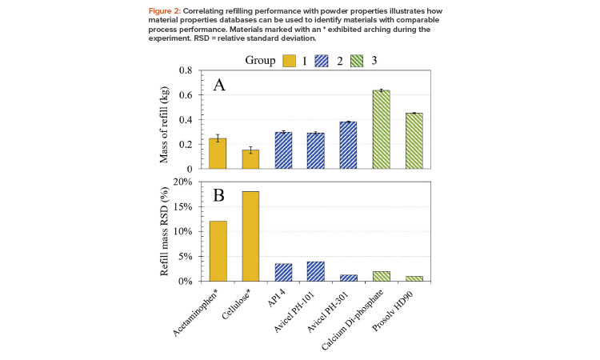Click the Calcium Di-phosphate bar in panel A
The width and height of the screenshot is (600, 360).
[381, 130]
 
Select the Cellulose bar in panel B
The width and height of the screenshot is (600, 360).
[250, 237]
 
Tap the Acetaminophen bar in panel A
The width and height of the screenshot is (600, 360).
[218, 154]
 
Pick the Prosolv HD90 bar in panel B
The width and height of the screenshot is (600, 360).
[414, 279]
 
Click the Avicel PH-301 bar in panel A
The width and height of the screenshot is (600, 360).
[348, 146]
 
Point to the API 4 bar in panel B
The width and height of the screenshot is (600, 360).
[283, 272]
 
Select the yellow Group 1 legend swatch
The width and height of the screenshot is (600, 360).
[290, 61]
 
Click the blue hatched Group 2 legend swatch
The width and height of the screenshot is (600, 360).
[322, 61]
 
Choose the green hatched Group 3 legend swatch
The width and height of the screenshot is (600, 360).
[357, 61]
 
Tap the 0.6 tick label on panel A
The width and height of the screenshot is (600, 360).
[186, 95]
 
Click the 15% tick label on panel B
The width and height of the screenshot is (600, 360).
[182, 207]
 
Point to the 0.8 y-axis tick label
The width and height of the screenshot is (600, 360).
[186, 70]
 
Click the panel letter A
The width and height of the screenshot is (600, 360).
[219, 85]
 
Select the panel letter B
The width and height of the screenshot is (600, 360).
[218, 195]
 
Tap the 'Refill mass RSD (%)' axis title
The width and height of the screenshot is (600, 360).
[164, 231]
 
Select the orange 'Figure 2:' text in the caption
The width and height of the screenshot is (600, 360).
[165, 10]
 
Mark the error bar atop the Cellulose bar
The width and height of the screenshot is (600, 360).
[250, 150]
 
